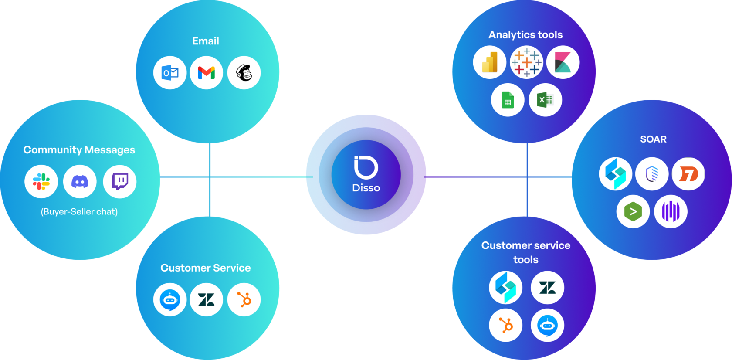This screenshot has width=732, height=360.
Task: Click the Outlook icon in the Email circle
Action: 170,73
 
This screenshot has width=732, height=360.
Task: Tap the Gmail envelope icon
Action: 207,73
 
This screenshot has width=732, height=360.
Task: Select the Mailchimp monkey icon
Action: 244,73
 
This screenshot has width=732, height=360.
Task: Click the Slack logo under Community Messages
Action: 41,181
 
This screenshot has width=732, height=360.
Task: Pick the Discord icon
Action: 80,181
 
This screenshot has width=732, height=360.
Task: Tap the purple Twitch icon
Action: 120,181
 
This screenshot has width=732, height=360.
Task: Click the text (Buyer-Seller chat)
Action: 79,212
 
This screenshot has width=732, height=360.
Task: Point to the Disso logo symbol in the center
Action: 366,167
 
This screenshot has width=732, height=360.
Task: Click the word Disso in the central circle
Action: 366,188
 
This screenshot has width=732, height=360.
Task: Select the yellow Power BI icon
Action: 490,62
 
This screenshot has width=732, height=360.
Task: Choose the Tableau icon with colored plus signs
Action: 526,62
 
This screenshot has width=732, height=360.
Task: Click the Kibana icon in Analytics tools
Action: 563,62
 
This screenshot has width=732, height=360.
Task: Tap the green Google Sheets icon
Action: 508,100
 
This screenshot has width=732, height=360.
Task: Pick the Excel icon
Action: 545,100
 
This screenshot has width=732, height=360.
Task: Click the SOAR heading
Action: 653,139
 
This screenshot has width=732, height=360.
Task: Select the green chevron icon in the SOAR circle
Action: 633,212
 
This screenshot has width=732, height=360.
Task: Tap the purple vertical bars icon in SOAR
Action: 671,212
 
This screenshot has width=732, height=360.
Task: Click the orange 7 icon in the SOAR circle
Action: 688,174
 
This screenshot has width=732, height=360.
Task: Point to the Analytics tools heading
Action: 525,35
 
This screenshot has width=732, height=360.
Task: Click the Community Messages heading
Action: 79,150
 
